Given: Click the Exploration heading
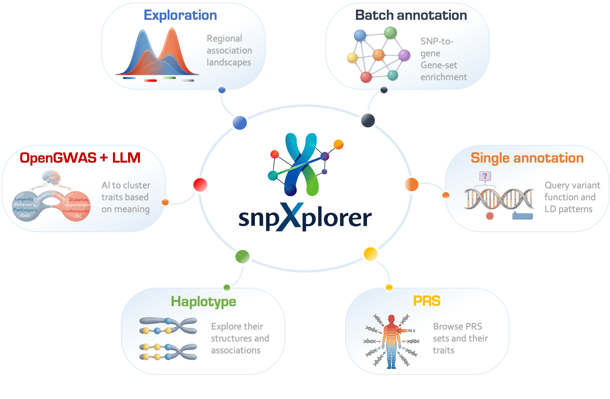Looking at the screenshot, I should click(180, 15).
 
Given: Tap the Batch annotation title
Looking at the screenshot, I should click(411, 15).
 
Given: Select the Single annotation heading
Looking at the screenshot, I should click(527, 158).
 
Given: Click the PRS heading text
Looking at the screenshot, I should click(426, 301).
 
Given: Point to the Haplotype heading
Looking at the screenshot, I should click(203, 301).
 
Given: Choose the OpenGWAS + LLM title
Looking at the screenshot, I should click(80, 158).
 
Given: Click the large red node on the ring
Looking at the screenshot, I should click(200, 185).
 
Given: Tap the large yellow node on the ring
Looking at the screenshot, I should click(371, 254).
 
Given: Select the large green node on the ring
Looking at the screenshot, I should click(242, 257).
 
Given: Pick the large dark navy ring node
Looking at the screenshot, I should click(368, 120).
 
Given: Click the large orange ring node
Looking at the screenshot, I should click(411, 185).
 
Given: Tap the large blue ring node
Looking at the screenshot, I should click(240, 123).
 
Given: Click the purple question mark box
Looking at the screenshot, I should click(485, 176).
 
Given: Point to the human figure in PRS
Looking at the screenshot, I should click(391, 341).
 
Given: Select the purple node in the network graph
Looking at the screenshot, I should click(404, 55).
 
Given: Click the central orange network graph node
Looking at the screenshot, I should click(379, 55).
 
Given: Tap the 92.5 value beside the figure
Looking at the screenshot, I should click(411, 330).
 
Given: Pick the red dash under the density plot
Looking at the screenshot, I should click(150, 81).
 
